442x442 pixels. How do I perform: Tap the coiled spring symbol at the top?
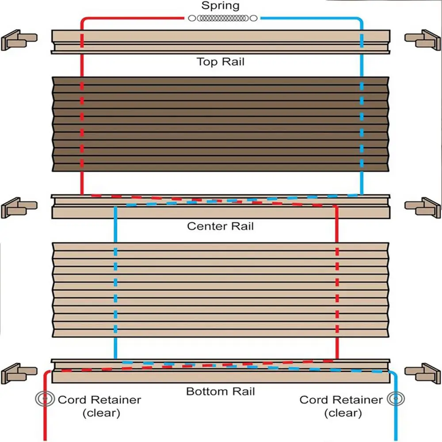pyautogui.click(x=222, y=18)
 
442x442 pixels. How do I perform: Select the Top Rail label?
pyautogui.click(x=220, y=61)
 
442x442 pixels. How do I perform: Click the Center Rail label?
pyautogui.click(x=220, y=226)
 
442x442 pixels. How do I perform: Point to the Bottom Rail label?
pyautogui.click(x=220, y=391)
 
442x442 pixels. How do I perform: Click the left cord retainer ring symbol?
pyautogui.click(x=44, y=399)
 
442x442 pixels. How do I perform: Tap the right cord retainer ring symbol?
pyautogui.click(x=393, y=399)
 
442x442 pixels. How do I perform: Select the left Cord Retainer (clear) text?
pyautogui.click(x=99, y=406)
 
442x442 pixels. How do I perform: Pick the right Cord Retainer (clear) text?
pyautogui.click(x=341, y=406)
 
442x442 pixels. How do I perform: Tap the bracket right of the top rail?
pyautogui.click(x=423, y=40)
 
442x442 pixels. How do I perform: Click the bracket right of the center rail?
pyautogui.click(x=423, y=207)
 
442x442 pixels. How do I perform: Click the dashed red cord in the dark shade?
pyautogui.click(x=82, y=124)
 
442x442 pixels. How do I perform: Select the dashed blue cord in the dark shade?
pyautogui.click(x=362, y=124)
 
